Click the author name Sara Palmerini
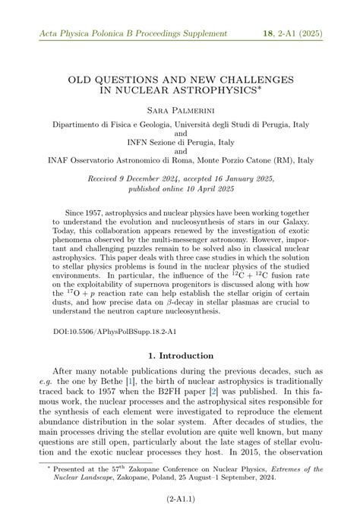[x=180, y=112]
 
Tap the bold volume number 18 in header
[x=268, y=33]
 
